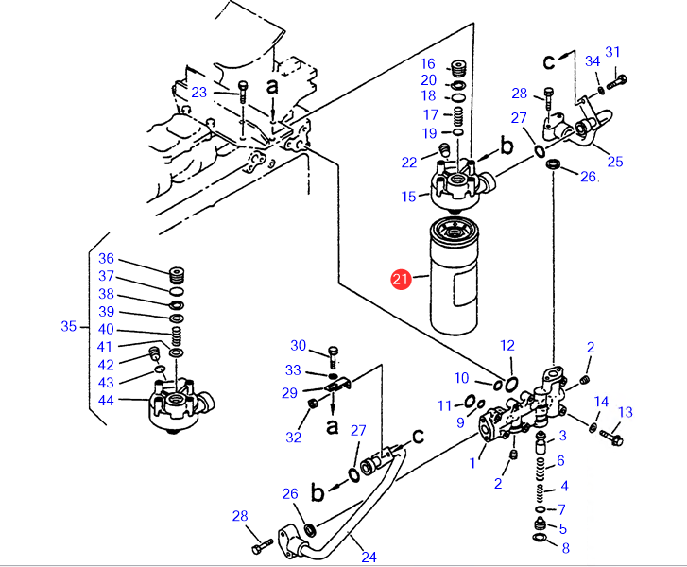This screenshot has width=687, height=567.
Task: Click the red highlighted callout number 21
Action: [x=401, y=279]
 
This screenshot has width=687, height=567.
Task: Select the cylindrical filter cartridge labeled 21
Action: [x=455, y=276]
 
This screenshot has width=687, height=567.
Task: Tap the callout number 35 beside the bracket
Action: [x=69, y=326]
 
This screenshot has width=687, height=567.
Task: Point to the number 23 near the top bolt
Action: [x=198, y=93]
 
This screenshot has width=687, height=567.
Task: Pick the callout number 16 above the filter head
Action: [x=428, y=64]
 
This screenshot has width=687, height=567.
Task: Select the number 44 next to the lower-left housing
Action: [x=106, y=400]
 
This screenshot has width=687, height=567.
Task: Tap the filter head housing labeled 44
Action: [x=180, y=406]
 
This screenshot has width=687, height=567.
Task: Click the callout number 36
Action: [x=107, y=259]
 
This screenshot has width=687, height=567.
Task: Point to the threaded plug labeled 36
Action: [x=177, y=276]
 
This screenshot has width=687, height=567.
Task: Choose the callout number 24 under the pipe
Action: [x=369, y=557]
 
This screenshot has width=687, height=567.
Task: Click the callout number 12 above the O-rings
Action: [x=507, y=346]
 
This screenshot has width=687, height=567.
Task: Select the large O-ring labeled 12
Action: [x=511, y=385]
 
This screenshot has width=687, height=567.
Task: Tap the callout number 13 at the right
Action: [x=626, y=412]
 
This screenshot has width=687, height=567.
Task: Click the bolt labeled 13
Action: [x=611, y=438]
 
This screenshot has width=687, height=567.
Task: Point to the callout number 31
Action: [x=612, y=52]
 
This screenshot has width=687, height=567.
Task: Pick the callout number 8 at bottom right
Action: [x=566, y=548]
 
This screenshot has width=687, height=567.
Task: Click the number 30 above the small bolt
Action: [x=299, y=346]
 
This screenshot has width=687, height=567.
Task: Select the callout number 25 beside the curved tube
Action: [x=615, y=162]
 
